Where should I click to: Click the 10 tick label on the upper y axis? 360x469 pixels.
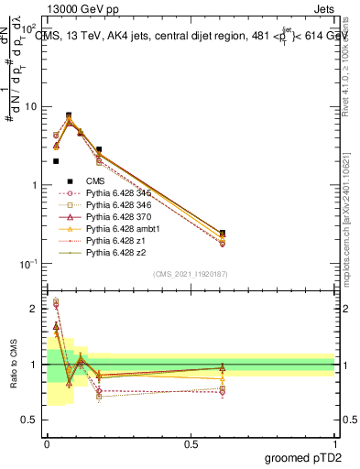30,106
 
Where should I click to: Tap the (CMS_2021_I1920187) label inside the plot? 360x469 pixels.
191,274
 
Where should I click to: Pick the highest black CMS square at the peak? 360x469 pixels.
70,115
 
